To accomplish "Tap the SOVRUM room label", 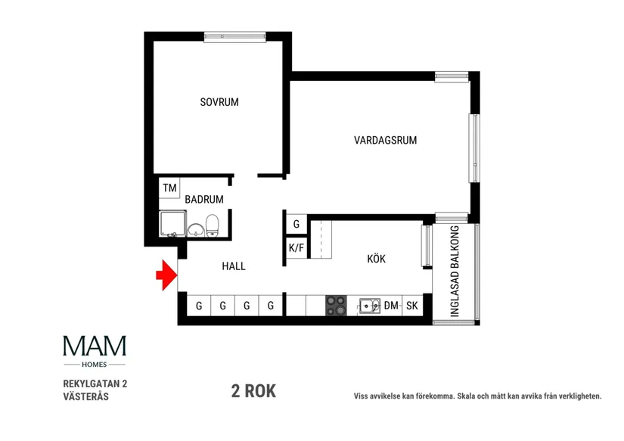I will [x=219, y=102].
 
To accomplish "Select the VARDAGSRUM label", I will [x=385, y=140].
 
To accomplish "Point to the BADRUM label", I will [x=204, y=200].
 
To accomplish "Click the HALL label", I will [x=233, y=266].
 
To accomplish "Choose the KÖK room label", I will [x=376, y=259].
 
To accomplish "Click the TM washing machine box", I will [x=169, y=188].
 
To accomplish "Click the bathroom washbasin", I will [x=195, y=229].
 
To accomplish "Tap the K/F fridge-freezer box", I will [x=296, y=247].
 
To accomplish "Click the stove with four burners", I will [x=336, y=305].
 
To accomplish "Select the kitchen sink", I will [x=370, y=305].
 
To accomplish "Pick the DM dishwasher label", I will [x=391, y=306].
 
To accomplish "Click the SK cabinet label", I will [x=412, y=306].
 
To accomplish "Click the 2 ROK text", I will [x=253, y=391].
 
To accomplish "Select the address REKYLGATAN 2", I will [x=95, y=384].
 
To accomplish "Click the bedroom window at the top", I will [x=234, y=35].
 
